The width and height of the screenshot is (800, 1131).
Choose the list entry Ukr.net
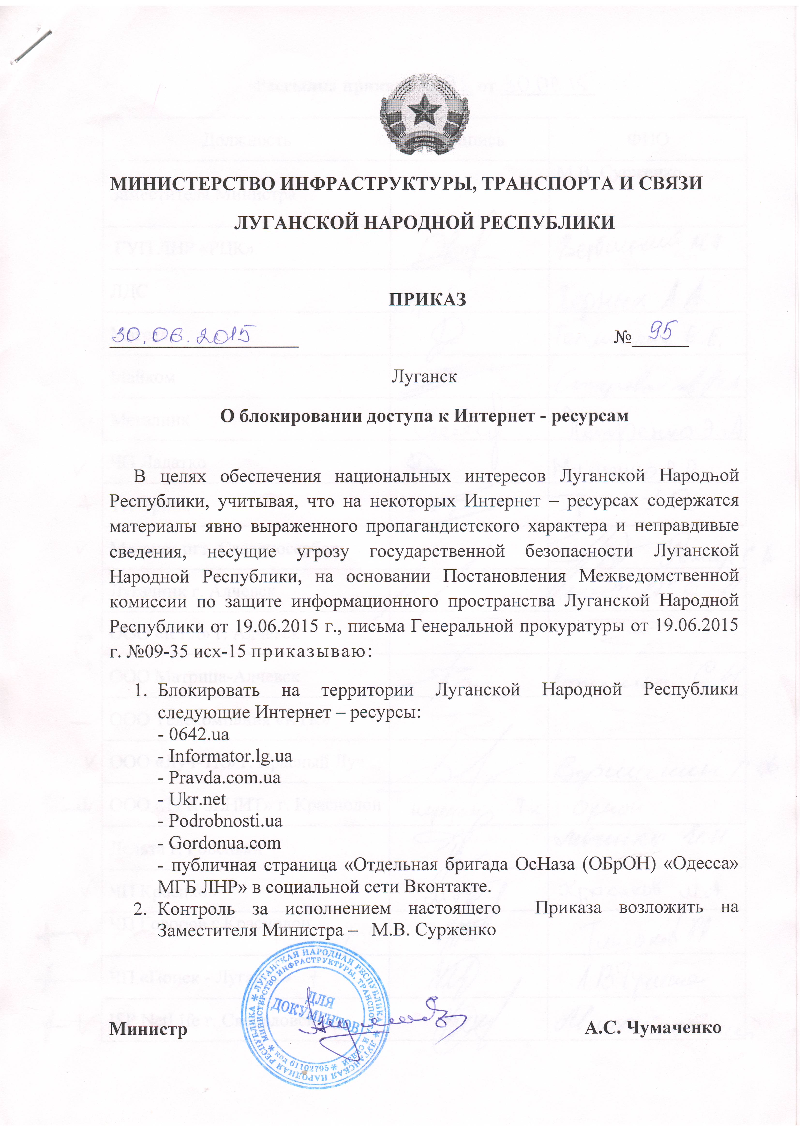click(x=197, y=799)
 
